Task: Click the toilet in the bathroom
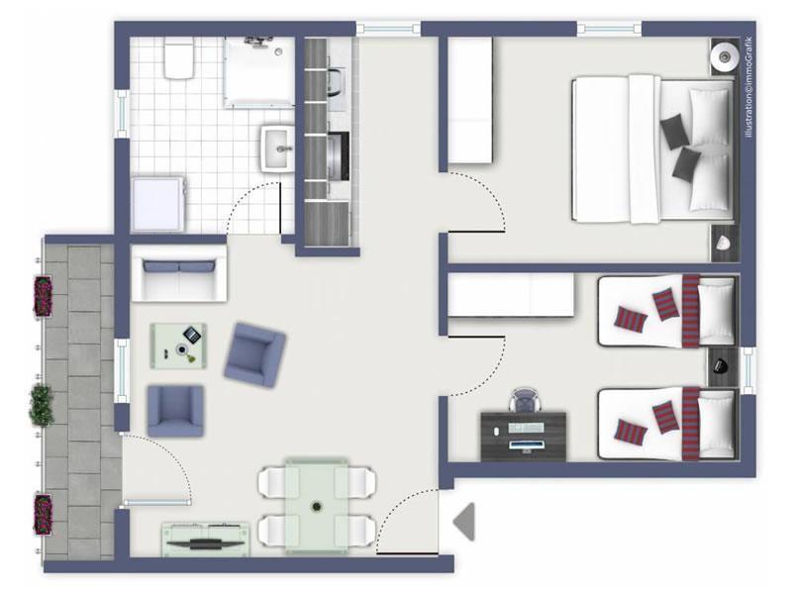[179, 58]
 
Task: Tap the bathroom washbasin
[277, 148]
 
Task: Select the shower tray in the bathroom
[259, 72]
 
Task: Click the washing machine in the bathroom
[158, 204]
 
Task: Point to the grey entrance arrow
[464, 522]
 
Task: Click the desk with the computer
[524, 437]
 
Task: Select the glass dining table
[317, 505]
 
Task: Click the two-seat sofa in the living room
[179, 273]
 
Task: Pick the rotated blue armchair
[254, 354]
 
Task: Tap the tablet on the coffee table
[192, 335]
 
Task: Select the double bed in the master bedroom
[653, 149]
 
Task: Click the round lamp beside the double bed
[725, 56]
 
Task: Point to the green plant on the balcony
[42, 405]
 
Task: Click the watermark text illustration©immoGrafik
[748, 87]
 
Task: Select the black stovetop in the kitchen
[339, 155]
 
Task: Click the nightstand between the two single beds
[723, 366]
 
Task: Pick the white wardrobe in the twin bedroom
[511, 295]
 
